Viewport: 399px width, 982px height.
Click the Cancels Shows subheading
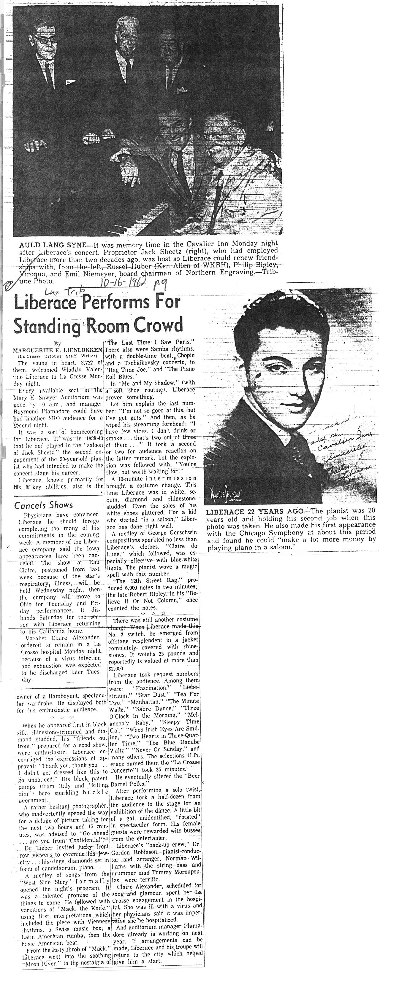click(43, 505)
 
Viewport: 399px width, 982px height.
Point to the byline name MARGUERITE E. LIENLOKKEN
click(58, 350)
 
